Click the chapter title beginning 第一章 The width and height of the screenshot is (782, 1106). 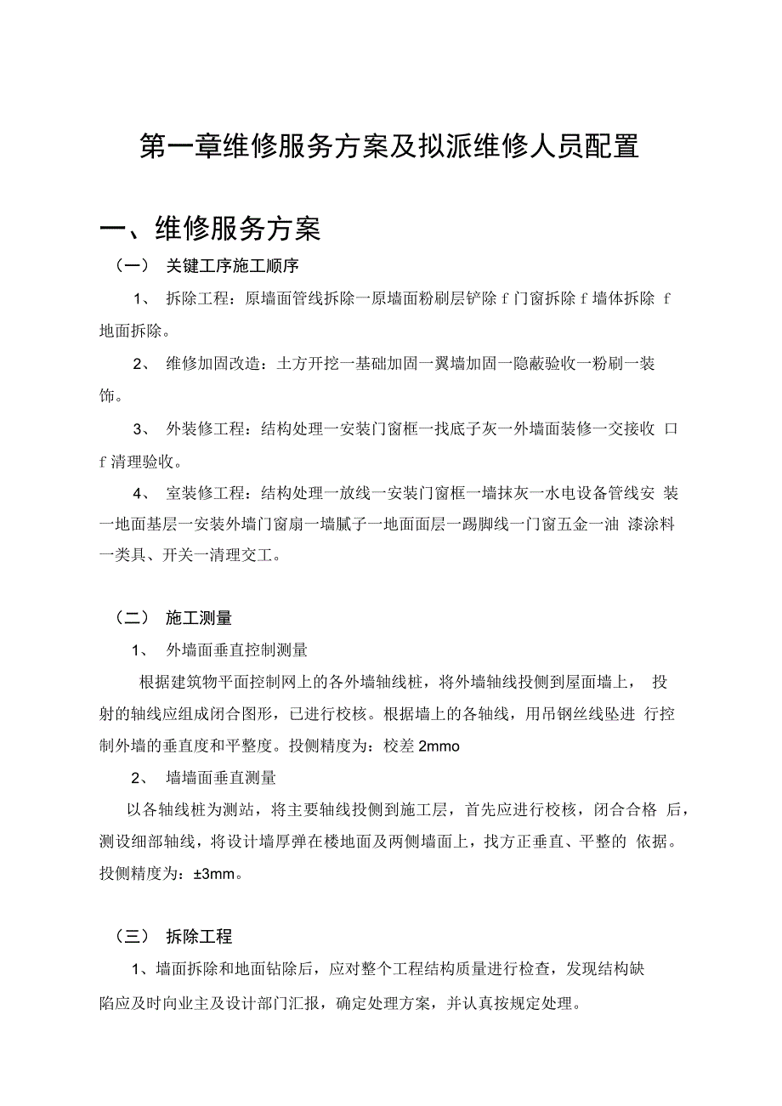388,146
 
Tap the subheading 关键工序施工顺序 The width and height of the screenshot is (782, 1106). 232,266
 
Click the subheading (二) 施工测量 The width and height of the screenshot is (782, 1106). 173,618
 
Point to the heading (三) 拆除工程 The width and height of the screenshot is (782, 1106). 173,937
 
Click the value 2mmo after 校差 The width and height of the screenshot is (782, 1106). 439,746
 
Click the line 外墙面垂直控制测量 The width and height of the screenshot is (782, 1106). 236,650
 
